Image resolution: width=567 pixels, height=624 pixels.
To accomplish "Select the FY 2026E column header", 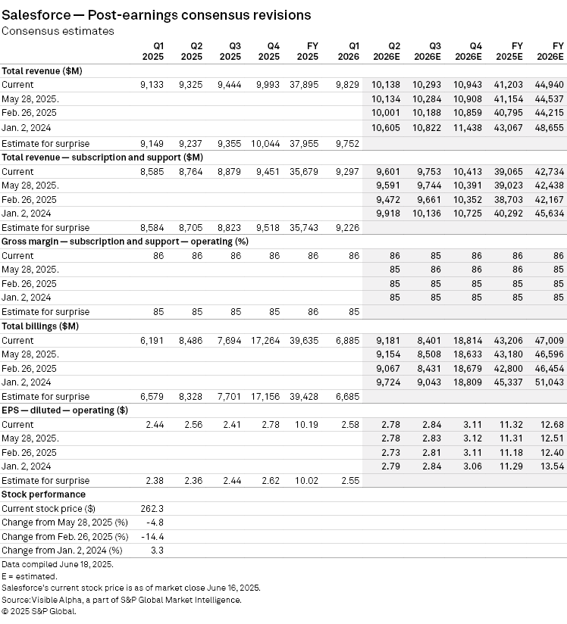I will click(551, 51).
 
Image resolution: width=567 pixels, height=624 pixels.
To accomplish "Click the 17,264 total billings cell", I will click(266, 341).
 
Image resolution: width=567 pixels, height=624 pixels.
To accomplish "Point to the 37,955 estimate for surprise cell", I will click(304, 143).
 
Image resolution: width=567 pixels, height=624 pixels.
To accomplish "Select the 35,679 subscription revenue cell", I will click(304, 172).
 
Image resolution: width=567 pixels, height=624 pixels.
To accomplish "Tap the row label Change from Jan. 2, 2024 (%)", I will click(62, 551).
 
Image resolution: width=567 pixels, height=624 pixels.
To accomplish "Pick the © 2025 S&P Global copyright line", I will click(39, 611).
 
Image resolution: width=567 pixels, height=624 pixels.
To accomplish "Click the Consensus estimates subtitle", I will click(58, 31).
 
